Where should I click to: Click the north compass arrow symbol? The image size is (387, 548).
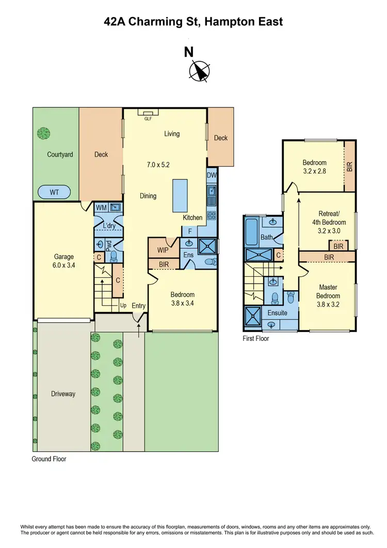click(x=199, y=71)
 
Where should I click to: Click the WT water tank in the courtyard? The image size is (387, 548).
click(x=55, y=192)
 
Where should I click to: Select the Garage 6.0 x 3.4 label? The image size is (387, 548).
click(x=64, y=261)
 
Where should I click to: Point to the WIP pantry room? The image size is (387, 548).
click(x=163, y=250)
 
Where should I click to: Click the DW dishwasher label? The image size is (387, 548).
click(x=211, y=176)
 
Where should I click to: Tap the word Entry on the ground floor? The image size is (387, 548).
click(x=139, y=306)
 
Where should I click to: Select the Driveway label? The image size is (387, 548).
click(x=63, y=394)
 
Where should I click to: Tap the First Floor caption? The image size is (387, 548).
click(x=255, y=339)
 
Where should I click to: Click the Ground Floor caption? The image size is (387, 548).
click(x=49, y=459)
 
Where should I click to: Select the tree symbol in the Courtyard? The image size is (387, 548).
click(x=44, y=133)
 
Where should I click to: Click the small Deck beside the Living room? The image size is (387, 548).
click(x=220, y=137)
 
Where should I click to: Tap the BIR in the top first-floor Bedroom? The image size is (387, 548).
click(x=350, y=165)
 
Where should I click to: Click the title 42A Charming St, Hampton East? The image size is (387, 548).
click(x=193, y=22)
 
